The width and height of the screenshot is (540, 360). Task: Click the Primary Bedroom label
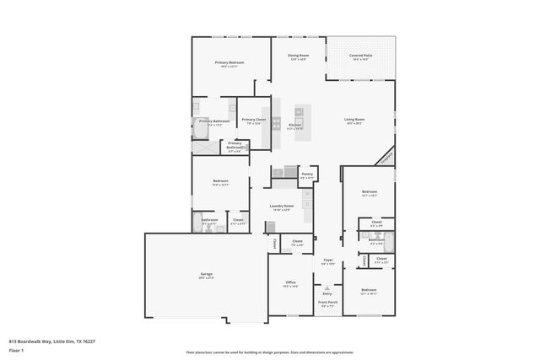point(229,64)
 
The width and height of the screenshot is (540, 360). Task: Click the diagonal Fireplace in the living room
point(386,156)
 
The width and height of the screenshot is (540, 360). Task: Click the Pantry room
point(307,176)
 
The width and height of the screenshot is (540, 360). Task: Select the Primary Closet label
point(254,121)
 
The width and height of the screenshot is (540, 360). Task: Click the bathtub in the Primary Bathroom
point(204,147)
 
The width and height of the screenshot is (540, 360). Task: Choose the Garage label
point(206,276)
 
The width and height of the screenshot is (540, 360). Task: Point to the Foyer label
point(328,261)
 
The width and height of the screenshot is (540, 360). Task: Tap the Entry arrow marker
point(327,287)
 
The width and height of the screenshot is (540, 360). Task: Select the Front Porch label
point(327,304)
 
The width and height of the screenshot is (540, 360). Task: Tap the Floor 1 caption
point(15,349)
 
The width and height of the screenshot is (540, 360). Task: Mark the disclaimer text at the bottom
point(270,352)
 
